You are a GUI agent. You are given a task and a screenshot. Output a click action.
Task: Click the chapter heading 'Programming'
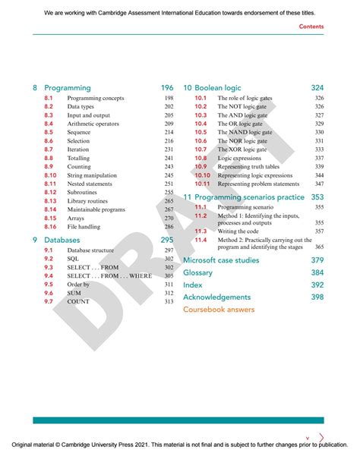coord(68,88)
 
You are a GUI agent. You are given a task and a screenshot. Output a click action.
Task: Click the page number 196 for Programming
coord(167,88)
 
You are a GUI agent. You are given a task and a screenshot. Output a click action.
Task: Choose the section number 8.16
coord(51,227)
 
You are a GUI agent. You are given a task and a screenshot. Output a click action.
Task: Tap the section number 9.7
coord(48,301)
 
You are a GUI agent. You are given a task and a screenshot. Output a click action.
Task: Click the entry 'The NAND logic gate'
coord(247,132)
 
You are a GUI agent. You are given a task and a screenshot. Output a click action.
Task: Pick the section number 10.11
coord(201,184)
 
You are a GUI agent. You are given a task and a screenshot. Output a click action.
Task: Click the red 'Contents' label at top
coord(311,27)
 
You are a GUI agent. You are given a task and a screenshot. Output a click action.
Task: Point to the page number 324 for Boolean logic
coord(317,88)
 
